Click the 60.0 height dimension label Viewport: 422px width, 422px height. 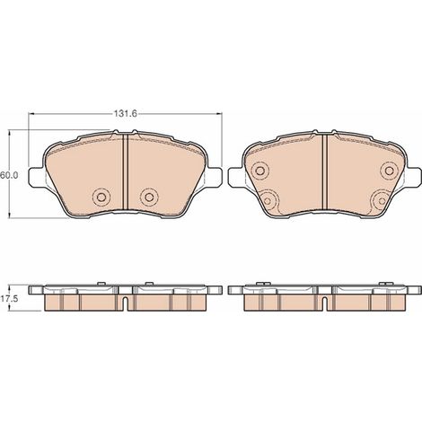[9, 175]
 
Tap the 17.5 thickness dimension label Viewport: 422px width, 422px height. [9, 298]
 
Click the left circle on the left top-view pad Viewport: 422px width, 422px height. [101, 197]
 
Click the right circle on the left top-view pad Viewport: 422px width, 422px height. [149, 197]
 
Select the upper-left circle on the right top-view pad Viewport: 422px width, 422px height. [260, 171]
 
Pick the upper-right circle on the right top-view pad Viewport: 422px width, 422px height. [389, 171]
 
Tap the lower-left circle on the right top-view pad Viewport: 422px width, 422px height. [268, 201]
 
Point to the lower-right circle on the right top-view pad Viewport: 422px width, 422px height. [381, 201]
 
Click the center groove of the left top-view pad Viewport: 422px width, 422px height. [126, 171]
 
